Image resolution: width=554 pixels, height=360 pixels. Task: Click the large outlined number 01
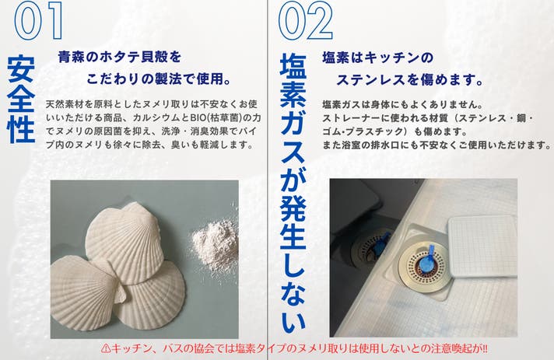pos(38,20)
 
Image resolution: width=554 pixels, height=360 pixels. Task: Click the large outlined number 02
pos(305,20)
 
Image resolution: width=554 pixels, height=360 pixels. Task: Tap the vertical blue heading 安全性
pos(21,100)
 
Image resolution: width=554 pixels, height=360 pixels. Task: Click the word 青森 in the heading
pos(72,58)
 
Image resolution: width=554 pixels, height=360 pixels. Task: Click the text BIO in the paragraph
pos(197,117)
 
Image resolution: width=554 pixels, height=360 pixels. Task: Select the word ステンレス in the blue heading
pos(370,80)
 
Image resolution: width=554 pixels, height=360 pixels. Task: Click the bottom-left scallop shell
pos(85,294)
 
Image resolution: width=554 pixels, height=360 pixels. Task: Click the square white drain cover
pos(483,246)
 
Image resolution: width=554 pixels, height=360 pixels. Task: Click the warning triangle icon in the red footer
pos(106,349)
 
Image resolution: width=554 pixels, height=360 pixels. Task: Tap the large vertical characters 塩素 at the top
pos(293,80)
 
